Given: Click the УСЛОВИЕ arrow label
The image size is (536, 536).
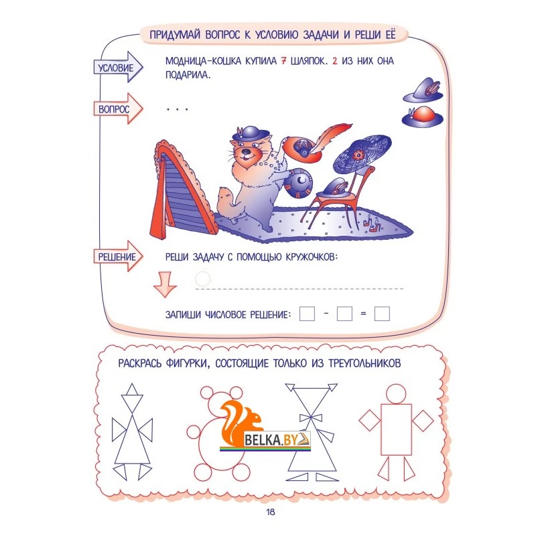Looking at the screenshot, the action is [118, 68].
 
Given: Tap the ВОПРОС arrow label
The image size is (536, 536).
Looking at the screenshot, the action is [118, 109].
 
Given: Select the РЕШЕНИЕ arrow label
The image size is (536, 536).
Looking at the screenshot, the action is [118, 257].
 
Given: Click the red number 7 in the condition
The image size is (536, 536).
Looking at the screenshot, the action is [283, 61].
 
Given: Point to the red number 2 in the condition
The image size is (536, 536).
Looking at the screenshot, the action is [334, 61].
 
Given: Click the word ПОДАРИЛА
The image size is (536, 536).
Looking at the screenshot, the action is [188, 75].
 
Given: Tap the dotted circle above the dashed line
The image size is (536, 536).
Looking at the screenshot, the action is [202, 279].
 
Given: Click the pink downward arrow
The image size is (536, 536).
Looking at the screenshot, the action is [165, 284].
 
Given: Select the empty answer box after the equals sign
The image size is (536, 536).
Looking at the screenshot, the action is [382, 314].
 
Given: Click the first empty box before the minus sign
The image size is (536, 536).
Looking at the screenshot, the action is [307, 314].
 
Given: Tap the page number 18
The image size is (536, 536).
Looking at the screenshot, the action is [271, 512].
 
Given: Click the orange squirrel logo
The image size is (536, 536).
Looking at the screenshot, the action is [239, 423].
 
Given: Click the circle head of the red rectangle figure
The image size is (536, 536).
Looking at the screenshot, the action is [396, 393].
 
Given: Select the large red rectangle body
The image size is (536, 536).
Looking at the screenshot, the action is [396, 429].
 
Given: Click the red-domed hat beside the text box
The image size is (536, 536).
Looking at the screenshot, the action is [422, 116].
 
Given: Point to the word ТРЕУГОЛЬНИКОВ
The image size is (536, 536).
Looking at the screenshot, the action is [364, 363].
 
